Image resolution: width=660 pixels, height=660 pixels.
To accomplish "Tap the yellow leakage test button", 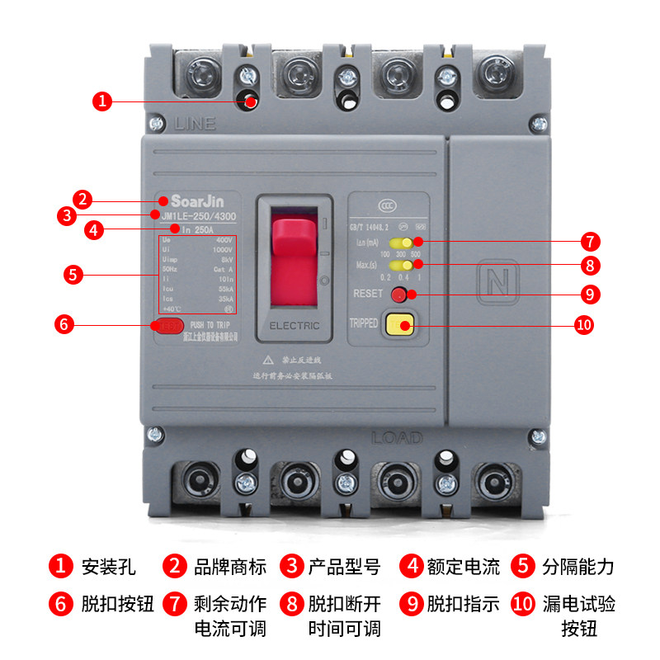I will pyautogui.click(x=400, y=325).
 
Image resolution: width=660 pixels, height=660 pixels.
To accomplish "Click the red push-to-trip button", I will pyautogui.click(x=167, y=325).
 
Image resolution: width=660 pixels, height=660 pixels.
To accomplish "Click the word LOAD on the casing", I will pyautogui.click(x=396, y=437).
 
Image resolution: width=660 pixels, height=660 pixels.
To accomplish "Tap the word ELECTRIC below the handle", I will pyautogui.click(x=295, y=326).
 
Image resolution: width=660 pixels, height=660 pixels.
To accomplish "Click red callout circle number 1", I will pyautogui.click(x=101, y=101).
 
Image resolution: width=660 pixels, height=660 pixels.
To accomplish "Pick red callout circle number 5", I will pyautogui.click(x=74, y=275).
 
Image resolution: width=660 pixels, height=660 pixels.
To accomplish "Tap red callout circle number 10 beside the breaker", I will pyautogui.click(x=583, y=325).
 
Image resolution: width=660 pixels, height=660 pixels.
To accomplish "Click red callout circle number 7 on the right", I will pyautogui.click(x=589, y=242).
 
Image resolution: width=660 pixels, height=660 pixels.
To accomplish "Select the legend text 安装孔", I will pyautogui.click(x=108, y=567).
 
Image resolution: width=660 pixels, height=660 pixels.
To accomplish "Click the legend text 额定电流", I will pyautogui.click(x=463, y=567).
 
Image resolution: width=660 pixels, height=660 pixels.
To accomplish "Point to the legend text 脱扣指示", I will pyautogui.click(x=463, y=603).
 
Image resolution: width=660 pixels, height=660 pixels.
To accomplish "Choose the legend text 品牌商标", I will pyautogui.click(x=229, y=567).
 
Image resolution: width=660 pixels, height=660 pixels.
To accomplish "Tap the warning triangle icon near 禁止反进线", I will pyautogui.click(x=268, y=361).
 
